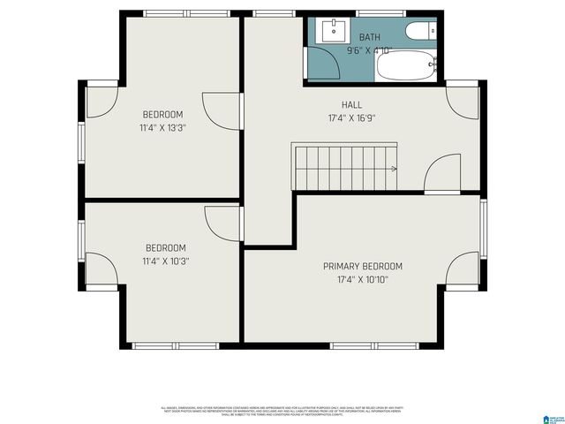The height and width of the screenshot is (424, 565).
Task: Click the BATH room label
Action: (x=369, y=37)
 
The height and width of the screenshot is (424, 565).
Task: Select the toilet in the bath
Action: (x=418, y=32)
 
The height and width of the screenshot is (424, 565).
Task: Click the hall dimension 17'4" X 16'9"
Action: (x=351, y=117)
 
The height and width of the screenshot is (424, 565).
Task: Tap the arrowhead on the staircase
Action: (x=394, y=168)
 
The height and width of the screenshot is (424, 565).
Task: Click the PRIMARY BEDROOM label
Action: (x=362, y=267)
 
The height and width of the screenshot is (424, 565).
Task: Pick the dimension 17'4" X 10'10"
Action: (x=362, y=280)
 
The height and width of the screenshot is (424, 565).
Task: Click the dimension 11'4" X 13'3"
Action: (x=162, y=128)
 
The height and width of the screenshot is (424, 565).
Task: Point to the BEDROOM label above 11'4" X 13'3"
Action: (x=162, y=115)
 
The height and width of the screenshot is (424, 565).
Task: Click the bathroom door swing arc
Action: (x=321, y=62)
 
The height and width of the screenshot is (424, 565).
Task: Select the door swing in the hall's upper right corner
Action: (x=461, y=101)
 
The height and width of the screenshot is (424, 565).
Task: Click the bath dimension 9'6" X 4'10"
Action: (x=369, y=50)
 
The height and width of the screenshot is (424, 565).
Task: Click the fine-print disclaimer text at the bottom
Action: (x=282, y=411)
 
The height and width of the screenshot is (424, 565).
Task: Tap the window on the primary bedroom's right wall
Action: (x=483, y=229)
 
